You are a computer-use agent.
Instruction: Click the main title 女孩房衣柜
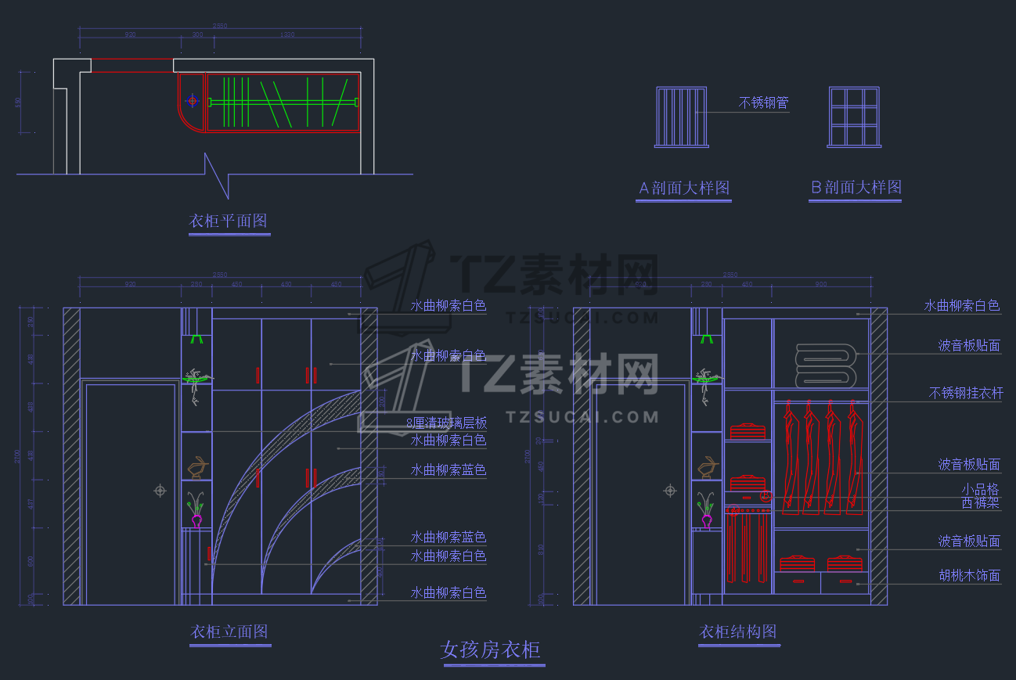[491, 650]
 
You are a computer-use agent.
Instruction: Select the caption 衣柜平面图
[228, 221]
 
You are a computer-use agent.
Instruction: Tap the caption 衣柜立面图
[229, 631]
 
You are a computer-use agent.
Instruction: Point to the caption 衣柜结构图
[738, 631]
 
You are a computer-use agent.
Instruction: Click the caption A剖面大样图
[684, 189]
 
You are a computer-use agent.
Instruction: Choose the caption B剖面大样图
[856, 188]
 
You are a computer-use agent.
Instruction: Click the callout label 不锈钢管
[764, 103]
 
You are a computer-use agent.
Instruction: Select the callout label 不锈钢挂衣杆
[965, 394]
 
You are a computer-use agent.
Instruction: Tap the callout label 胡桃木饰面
[969, 576]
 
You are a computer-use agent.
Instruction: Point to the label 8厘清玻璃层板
[447, 423]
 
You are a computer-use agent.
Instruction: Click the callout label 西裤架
[980, 503]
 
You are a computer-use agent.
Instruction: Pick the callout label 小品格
[980, 490]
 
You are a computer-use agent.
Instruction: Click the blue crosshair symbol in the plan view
[193, 101]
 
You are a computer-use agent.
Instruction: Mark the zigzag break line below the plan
[217, 175]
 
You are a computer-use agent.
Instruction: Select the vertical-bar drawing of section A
[682, 117]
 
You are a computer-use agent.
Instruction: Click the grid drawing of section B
[854, 117]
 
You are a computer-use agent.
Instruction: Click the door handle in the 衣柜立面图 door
[160, 491]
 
